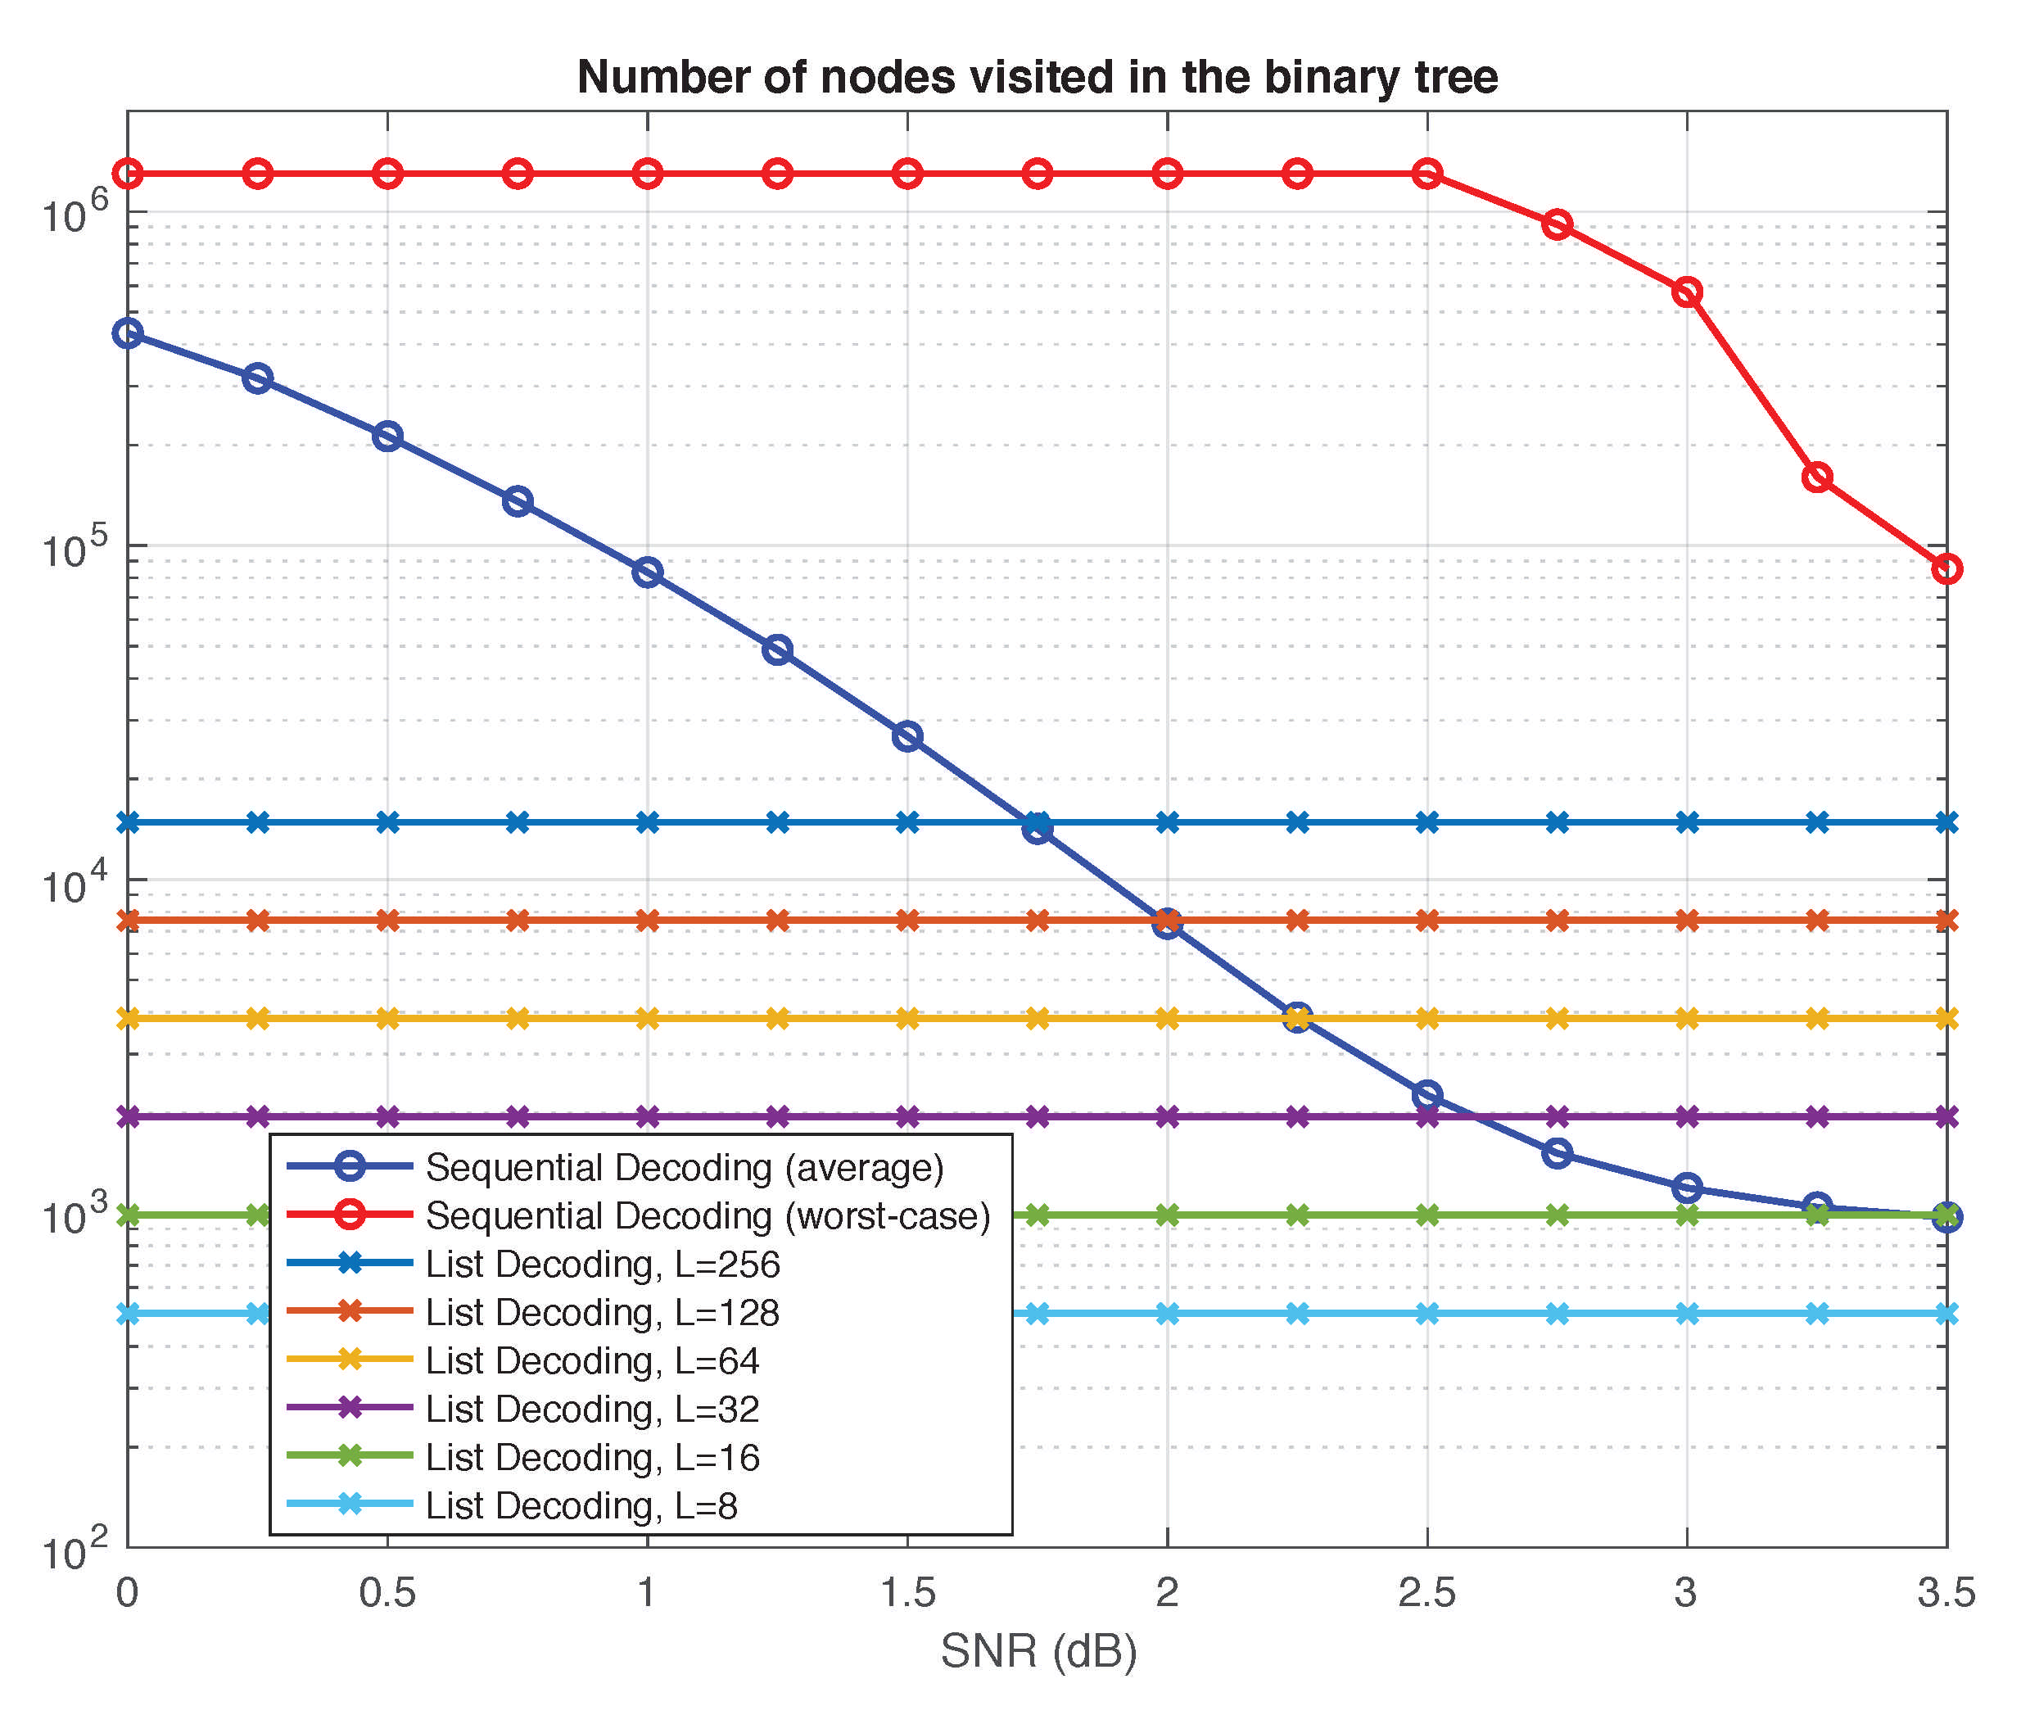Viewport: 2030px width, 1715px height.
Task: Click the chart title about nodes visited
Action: [1037, 77]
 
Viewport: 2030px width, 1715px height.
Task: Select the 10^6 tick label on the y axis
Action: [74, 213]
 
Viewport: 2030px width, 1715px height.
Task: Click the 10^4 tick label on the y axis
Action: [74, 883]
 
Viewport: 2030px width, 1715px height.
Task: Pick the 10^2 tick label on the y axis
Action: [74, 1550]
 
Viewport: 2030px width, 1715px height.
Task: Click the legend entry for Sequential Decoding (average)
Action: [685, 1166]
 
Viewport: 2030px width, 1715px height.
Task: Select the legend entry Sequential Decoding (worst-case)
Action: [707, 1215]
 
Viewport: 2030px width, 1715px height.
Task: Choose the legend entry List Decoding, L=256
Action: [602, 1264]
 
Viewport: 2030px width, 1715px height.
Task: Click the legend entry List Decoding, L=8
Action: [581, 1505]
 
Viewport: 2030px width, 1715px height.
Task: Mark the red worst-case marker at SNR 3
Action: [1687, 292]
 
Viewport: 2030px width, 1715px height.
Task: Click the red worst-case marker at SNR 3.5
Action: [1946, 568]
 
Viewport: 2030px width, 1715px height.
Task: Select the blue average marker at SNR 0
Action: [128, 333]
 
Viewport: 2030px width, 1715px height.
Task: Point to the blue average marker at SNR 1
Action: [648, 572]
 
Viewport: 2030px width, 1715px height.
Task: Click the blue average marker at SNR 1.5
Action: [907, 736]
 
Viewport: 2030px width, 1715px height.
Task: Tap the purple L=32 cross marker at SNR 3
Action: [1687, 1116]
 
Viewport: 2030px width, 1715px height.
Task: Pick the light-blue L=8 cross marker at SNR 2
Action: [1167, 1315]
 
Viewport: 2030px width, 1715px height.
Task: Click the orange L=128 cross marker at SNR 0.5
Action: [387, 920]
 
